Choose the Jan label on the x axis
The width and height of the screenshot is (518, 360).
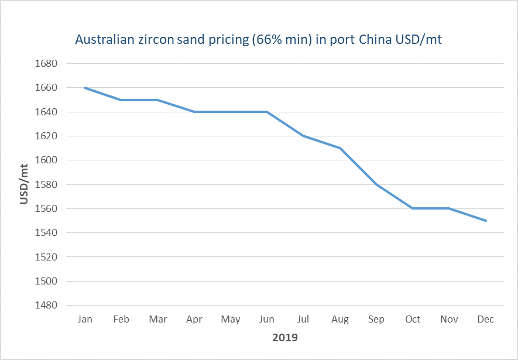pos(85,319)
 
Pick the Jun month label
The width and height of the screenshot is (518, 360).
pos(267,319)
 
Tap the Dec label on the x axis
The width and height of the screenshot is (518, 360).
pos(485,319)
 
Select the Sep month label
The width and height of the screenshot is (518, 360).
pos(376,319)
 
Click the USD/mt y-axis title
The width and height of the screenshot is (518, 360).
pos(24,184)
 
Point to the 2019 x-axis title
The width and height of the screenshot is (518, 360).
pos(285,338)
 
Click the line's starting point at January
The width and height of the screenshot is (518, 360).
pos(85,88)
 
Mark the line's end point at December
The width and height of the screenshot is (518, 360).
pos(486,221)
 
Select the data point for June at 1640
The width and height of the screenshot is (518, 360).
pos(267,112)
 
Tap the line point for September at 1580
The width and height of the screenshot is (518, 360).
pos(376,184)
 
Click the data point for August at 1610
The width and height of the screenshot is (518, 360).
pos(340,148)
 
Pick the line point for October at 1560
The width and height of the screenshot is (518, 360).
pos(413,208)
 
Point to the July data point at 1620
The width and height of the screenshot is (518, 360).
pos(303,136)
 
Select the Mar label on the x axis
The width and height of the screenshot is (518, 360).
pos(157,319)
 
